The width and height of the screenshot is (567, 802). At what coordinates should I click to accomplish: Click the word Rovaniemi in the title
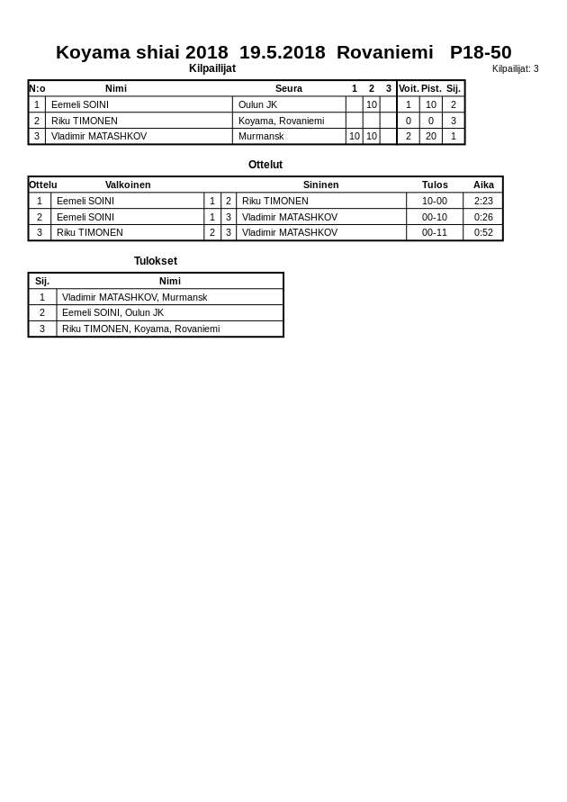coord(384,52)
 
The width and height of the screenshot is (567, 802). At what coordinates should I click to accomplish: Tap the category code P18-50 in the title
coord(481,52)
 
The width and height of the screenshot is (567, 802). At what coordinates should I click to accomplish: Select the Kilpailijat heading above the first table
coord(212,68)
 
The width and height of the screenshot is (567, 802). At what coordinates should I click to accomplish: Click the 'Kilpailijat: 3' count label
coord(515,69)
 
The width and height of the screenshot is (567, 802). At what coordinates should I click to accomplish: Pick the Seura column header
coord(289,88)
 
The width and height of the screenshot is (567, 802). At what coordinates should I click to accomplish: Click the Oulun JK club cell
coord(257,104)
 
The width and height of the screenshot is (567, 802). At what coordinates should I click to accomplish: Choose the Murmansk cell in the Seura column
coord(261,136)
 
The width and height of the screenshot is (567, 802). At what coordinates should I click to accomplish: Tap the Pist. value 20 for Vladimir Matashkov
coord(431,136)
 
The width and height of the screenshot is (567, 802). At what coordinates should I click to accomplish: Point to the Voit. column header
coord(409,88)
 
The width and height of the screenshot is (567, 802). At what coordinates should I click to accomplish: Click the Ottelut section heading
coord(265,165)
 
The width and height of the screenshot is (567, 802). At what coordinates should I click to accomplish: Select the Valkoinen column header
coord(128,185)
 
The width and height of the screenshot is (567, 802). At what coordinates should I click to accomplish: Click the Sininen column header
coord(320,185)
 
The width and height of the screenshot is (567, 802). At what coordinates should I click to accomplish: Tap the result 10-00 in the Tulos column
coord(435,201)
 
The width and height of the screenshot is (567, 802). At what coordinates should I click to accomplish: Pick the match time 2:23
coord(483,201)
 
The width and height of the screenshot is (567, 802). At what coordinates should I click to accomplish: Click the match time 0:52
coord(483,232)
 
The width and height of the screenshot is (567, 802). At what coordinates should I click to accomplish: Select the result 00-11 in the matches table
coord(435,232)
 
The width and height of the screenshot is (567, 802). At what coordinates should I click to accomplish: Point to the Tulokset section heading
coord(156,261)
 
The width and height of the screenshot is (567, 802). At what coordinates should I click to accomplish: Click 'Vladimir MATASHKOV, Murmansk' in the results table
coord(134,297)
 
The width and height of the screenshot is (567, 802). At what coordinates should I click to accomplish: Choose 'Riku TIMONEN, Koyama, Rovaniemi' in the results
coord(140,329)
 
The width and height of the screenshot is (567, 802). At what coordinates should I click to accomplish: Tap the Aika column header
coord(483,185)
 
